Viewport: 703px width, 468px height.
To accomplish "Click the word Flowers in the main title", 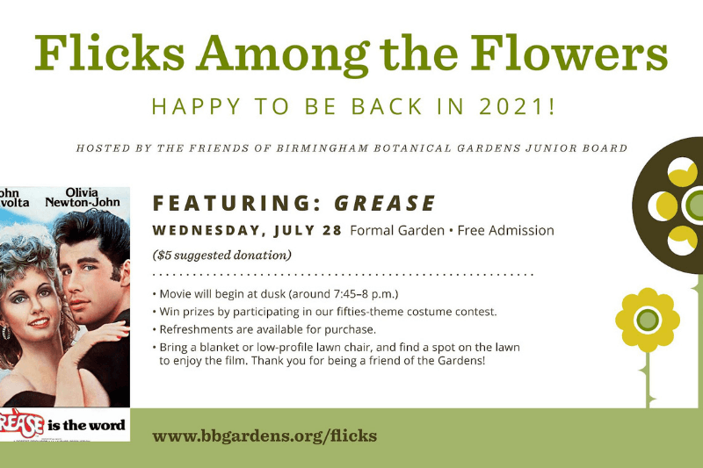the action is pos(569,54).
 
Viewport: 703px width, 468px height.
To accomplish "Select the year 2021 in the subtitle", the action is pos(512,106).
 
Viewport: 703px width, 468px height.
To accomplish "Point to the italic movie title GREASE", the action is pos(385,203).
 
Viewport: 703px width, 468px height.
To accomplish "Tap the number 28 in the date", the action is pos(332,230).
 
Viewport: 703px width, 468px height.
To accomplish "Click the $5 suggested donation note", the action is pos(222,256).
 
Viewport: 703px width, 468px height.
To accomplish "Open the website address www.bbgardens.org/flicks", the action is pos(265,436).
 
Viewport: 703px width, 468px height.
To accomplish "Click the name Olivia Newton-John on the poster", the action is pos(83,198).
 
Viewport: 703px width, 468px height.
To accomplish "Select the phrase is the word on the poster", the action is pos(86,425).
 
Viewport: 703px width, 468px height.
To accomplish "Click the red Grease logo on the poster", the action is pos(21,423).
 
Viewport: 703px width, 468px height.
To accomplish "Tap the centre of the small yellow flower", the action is pos(648,320).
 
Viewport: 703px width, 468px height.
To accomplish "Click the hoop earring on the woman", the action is pos(6,333).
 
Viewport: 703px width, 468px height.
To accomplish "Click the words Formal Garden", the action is pos(397,230).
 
